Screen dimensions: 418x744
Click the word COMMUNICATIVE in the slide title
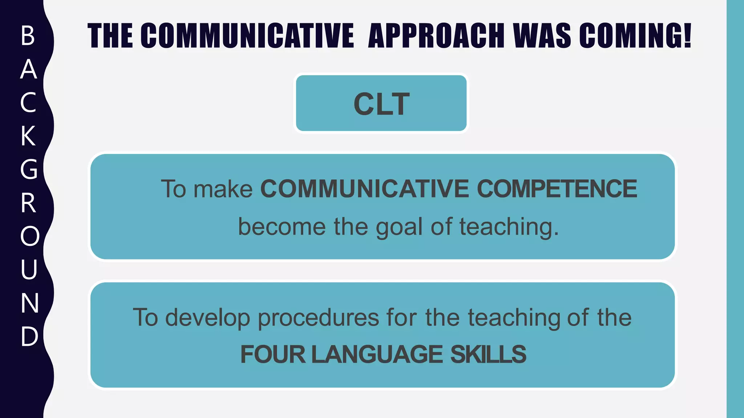pos(247,36)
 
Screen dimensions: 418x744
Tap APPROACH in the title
pos(436,36)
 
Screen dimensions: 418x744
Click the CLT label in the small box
pos(381,104)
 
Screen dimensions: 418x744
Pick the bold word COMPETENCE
pos(557,189)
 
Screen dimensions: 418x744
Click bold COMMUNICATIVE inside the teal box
pos(365,189)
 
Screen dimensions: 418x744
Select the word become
pos(282,227)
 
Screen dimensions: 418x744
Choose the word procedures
pos(318,318)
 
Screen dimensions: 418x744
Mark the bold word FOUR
pos(273,355)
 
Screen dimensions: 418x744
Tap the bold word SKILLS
pos(488,355)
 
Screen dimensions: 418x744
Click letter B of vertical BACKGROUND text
pos(28,36)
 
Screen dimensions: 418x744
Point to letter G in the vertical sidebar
pos(29,169)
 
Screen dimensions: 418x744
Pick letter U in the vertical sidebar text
pos(29,270)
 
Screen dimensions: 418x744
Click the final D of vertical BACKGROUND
pos(29,336)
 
